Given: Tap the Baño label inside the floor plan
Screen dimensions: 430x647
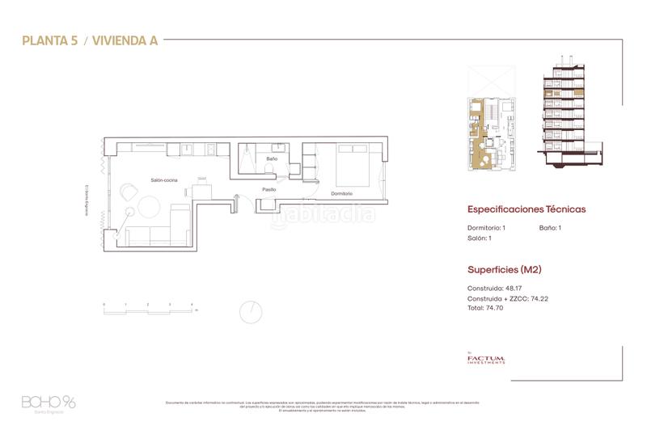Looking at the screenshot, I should point(272,159).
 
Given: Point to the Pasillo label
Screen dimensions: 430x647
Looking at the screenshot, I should point(269,189).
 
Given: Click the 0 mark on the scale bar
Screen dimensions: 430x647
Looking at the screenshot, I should point(104,304).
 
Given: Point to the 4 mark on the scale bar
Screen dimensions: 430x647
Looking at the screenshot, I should point(191,304).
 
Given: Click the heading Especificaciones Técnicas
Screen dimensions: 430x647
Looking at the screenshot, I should point(526,209).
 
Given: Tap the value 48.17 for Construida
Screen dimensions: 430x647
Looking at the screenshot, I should point(515,288).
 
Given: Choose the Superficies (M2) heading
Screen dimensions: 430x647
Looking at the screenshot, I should point(504,269).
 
